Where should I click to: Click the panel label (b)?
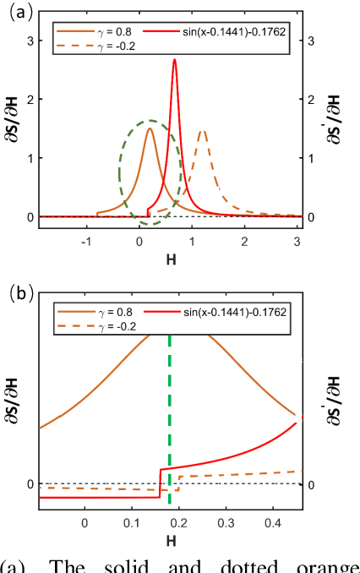(x=18, y=295)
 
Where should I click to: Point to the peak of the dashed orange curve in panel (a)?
(x=203, y=131)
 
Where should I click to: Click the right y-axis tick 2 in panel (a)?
(x=312, y=99)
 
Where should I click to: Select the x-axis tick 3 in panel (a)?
(x=297, y=242)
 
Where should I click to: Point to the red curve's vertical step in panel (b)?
(x=160, y=483)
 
